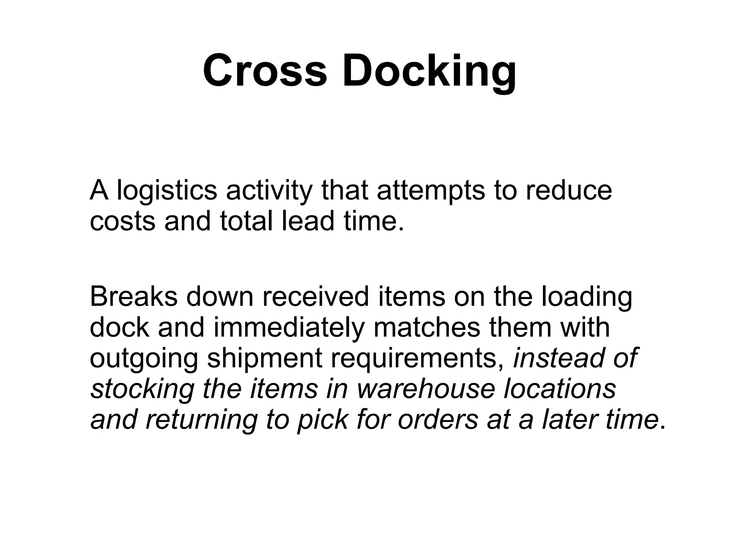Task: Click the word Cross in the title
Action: click(x=265, y=70)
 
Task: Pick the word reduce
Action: click(x=569, y=191)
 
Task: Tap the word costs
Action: click(x=123, y=221)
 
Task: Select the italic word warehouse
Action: click(x=426, y=389)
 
